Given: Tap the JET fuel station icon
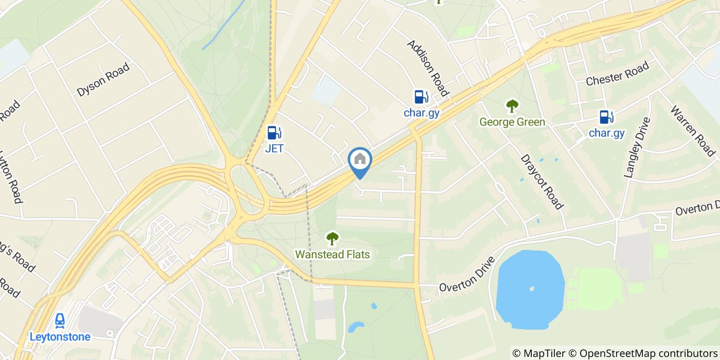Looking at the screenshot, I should tap(274, 133).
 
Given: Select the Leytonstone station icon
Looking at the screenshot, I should tap(60, 321).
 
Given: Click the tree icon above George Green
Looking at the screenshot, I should tap(512, 106).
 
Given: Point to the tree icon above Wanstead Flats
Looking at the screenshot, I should tap(332, 238).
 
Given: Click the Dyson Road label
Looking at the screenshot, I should tap(103, 80).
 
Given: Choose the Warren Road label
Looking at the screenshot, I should tap(693, 131).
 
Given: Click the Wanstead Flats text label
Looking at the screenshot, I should tap(332, 254).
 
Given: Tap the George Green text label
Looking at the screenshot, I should tap(512, 122).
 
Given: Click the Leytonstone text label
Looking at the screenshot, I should tap(60, 337).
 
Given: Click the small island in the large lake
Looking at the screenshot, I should tap(531, 289).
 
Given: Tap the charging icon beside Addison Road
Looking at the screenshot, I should tap(421, 97).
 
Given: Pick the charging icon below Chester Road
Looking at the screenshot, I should tap(606, 117).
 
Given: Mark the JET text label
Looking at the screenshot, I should tap(274, 149).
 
